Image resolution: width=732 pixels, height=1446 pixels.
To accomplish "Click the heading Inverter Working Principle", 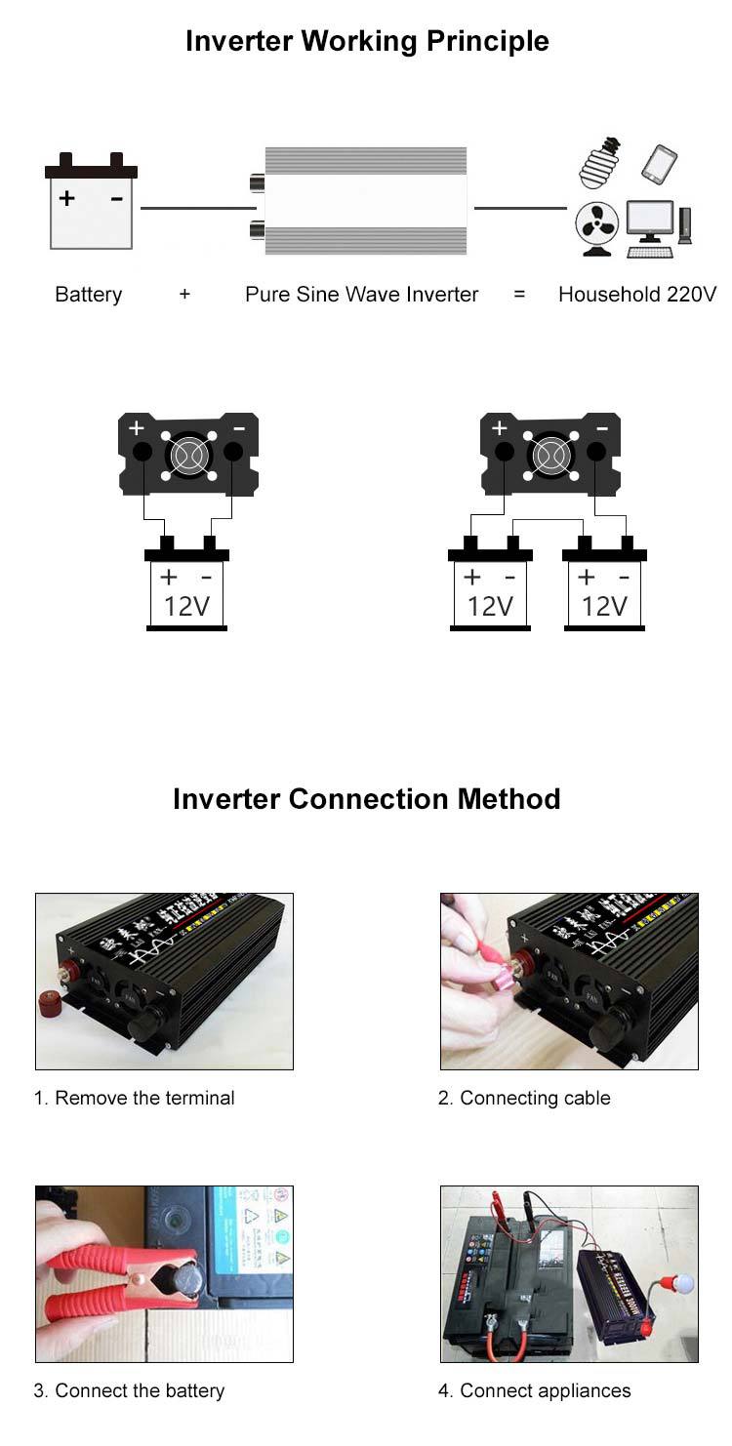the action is point(366,41).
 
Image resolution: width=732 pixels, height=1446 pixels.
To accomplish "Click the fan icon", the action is point(596,227).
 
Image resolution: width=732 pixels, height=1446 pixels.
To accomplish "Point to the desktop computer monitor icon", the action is point(649,221).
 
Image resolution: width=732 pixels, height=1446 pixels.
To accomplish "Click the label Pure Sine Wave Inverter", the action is point(361,295).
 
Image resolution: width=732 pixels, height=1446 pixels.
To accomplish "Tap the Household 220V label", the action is point(636,295).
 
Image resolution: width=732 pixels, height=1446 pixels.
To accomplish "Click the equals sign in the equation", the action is point(518,295).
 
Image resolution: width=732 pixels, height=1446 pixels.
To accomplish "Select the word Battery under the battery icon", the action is point(89,295).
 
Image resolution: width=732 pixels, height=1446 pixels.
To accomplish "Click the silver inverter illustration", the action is point(363,200).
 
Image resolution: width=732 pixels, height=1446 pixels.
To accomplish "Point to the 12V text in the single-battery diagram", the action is point(186,606).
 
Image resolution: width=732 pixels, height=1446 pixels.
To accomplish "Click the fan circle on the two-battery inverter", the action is point(549,455).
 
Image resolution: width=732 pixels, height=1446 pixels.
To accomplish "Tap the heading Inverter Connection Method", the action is point(366,799).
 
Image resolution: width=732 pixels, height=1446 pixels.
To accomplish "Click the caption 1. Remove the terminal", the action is point(135,1098).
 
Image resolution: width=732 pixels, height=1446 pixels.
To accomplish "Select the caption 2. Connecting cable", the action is point(524,1098).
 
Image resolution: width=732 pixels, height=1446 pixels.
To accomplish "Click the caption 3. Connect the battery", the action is point(129,1390).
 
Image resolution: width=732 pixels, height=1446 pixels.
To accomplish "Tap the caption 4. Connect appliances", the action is point(534,1390).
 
